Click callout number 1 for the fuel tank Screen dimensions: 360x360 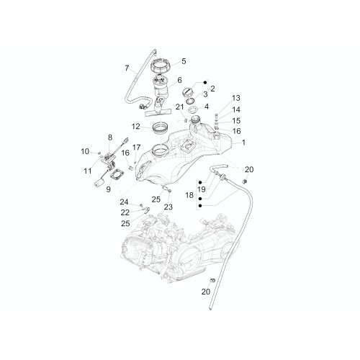tap(243, 143)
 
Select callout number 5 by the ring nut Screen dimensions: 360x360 tap(184, 61)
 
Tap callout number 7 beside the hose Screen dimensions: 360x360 tap(127, 68)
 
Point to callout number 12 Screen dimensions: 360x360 tap(136, 127)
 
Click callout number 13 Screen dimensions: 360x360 tap(236, 98)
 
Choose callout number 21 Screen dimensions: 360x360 tap(179, 107)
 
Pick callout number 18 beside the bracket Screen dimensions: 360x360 tap(189, 195)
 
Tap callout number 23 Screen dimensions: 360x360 tap(168, 207)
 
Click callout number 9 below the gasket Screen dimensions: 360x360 tap(109, 189)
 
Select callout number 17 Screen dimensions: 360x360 tap(136, 147)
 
